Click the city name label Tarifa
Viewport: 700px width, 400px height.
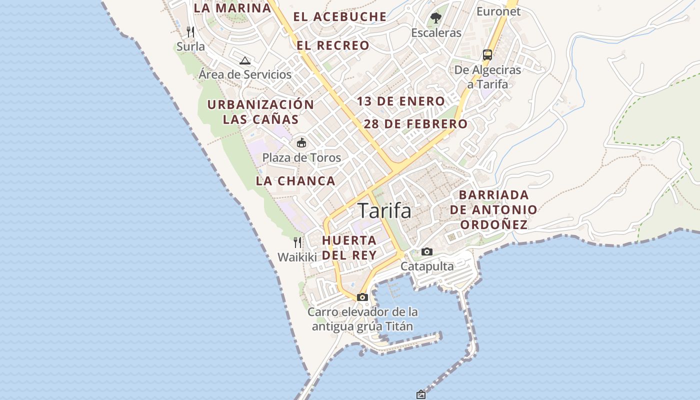384,211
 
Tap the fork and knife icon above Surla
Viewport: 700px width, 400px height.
190,32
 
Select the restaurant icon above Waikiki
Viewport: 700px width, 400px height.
297,242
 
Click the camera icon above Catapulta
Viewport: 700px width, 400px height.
426,251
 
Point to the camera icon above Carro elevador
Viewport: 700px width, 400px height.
362,297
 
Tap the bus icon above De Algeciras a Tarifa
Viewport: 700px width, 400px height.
487,55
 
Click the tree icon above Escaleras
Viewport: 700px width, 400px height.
436,18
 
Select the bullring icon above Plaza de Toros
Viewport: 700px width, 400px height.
301,143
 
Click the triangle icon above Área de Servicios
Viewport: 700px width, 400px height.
244,61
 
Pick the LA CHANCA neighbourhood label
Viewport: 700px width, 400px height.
295,181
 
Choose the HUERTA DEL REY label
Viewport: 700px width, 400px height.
349,247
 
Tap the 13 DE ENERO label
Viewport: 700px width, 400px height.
400,101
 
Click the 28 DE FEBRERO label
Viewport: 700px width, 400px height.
415,124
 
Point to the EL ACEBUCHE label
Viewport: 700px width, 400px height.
340,17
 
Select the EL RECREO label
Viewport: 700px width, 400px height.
333,45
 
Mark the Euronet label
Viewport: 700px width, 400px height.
498,11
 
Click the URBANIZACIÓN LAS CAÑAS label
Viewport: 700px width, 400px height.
260,112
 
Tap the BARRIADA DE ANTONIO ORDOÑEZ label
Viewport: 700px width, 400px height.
493,209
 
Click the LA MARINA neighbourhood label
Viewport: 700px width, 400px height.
232,8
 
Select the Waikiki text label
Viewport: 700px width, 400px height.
297,257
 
